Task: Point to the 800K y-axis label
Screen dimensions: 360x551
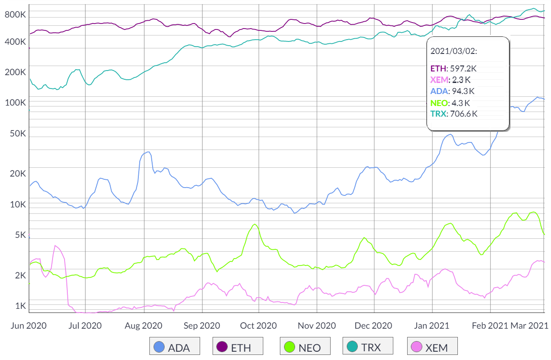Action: point(15,15)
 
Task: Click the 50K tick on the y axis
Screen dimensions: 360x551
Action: point(17,134)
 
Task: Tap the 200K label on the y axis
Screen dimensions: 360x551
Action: point(15,72)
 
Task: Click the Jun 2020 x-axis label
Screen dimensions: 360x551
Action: point(29,325)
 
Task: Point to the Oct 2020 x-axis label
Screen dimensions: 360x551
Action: point(259,325)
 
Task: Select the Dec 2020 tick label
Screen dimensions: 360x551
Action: point(374,325)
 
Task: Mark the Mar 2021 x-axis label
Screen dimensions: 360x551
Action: point(528,325)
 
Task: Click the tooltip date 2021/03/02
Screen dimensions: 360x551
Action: point(454,50)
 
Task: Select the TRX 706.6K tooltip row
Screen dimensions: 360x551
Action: point(454,113)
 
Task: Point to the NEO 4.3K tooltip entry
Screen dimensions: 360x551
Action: point(450,103)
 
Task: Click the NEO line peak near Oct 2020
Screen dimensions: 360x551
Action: point(255,224)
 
